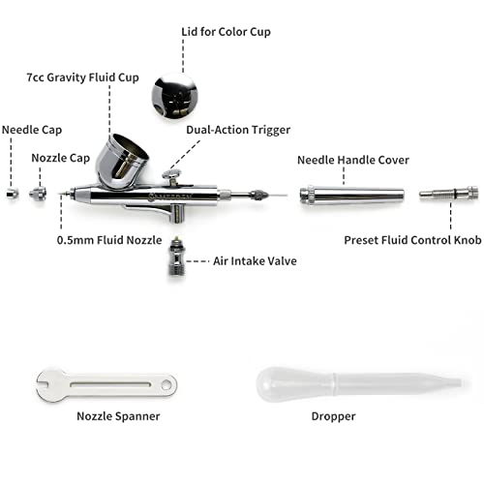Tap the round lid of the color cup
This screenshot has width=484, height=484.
(175, 94)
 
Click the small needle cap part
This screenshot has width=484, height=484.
(10, 195)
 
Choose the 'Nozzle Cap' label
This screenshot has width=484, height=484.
(60, 157)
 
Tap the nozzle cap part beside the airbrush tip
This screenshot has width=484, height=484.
(39, 195)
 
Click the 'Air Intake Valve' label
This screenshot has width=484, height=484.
(256, 260)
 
